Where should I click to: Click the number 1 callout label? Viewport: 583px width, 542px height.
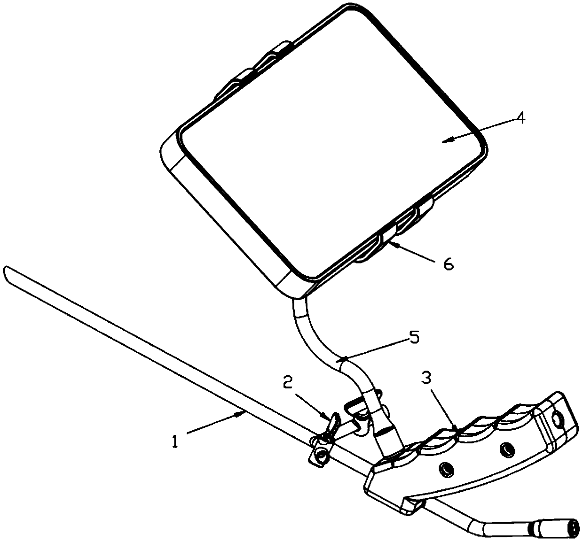point(175,442)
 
